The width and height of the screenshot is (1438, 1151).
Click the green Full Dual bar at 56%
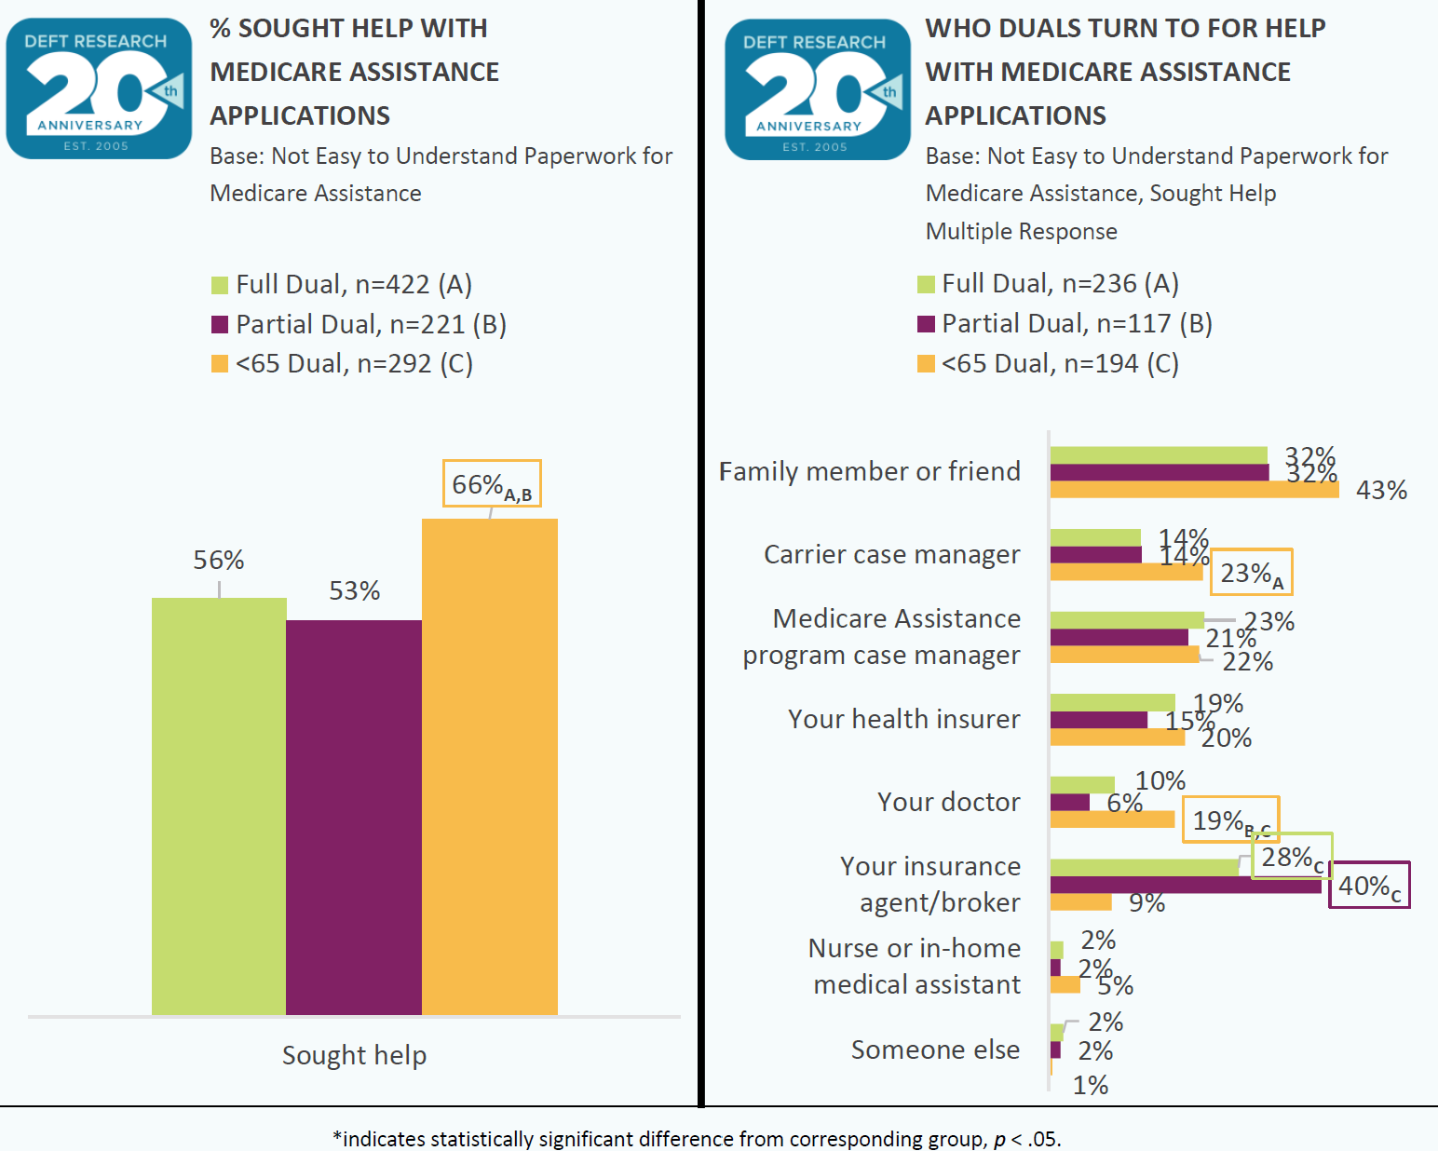tap(219, 806)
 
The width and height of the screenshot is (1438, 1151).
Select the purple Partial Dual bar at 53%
tap(354, 817)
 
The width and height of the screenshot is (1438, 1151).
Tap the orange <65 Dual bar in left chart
tap(490, 765)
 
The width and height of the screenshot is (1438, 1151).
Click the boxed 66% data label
tap(491, 484)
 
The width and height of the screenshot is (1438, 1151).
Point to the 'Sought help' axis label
tap(354, 1055)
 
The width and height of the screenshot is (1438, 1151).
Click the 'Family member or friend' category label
tap(869, 471)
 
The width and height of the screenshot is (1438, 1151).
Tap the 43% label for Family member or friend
tap(1380, 490)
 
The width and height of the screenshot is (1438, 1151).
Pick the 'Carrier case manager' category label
tap(891, 554)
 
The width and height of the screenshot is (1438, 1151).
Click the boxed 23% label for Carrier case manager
tap(1251, 573)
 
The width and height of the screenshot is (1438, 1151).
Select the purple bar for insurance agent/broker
tap(1185, 885)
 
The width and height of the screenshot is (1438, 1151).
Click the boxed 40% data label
tap(1368, 886)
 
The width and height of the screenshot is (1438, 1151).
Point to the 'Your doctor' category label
tap(948, 802)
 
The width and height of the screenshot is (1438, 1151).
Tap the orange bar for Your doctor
tap(1112, 819)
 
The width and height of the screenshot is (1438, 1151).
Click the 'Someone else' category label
tap(935, 1049)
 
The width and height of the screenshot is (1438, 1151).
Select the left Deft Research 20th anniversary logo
tap(99, 88)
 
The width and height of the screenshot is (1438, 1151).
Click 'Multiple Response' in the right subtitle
tap(1021, 231)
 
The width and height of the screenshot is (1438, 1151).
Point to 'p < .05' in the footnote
tap(1025, 1139)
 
